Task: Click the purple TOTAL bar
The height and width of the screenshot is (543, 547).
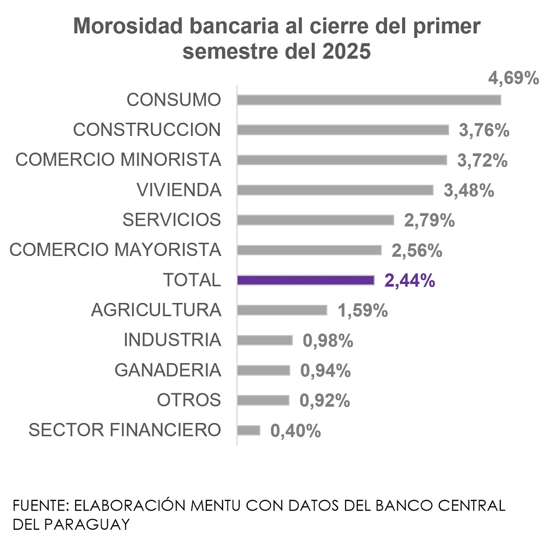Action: (x=305, y=280)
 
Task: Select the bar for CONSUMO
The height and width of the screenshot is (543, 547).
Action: (x=369, y=100)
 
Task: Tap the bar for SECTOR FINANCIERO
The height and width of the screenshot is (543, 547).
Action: (x=248, y=430)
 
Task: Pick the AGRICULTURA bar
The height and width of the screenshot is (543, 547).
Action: (x=282, y=310)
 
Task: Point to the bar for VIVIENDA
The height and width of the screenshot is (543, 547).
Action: (x=335, y=190)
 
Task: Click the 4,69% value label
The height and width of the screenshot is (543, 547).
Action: (x=513, y=78)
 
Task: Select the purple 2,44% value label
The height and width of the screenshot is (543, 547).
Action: (x=409, y=281)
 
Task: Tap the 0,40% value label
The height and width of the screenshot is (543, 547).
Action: (x=295, y=431)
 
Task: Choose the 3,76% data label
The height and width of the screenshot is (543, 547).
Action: (x=484, y=131)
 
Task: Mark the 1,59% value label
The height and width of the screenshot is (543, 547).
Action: (x=362, y=311)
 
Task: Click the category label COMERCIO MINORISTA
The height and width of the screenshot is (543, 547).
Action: (x=118, y=160)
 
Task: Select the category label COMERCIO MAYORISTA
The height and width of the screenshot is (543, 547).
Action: (x=115, y=250)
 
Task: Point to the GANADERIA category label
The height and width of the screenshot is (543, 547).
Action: (x=167, y=370)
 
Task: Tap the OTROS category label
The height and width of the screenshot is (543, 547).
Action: (x=189, y=400)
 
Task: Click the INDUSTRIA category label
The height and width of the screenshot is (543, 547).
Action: (x=172, y=340)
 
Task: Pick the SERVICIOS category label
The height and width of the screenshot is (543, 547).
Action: (x=171, y=220)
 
